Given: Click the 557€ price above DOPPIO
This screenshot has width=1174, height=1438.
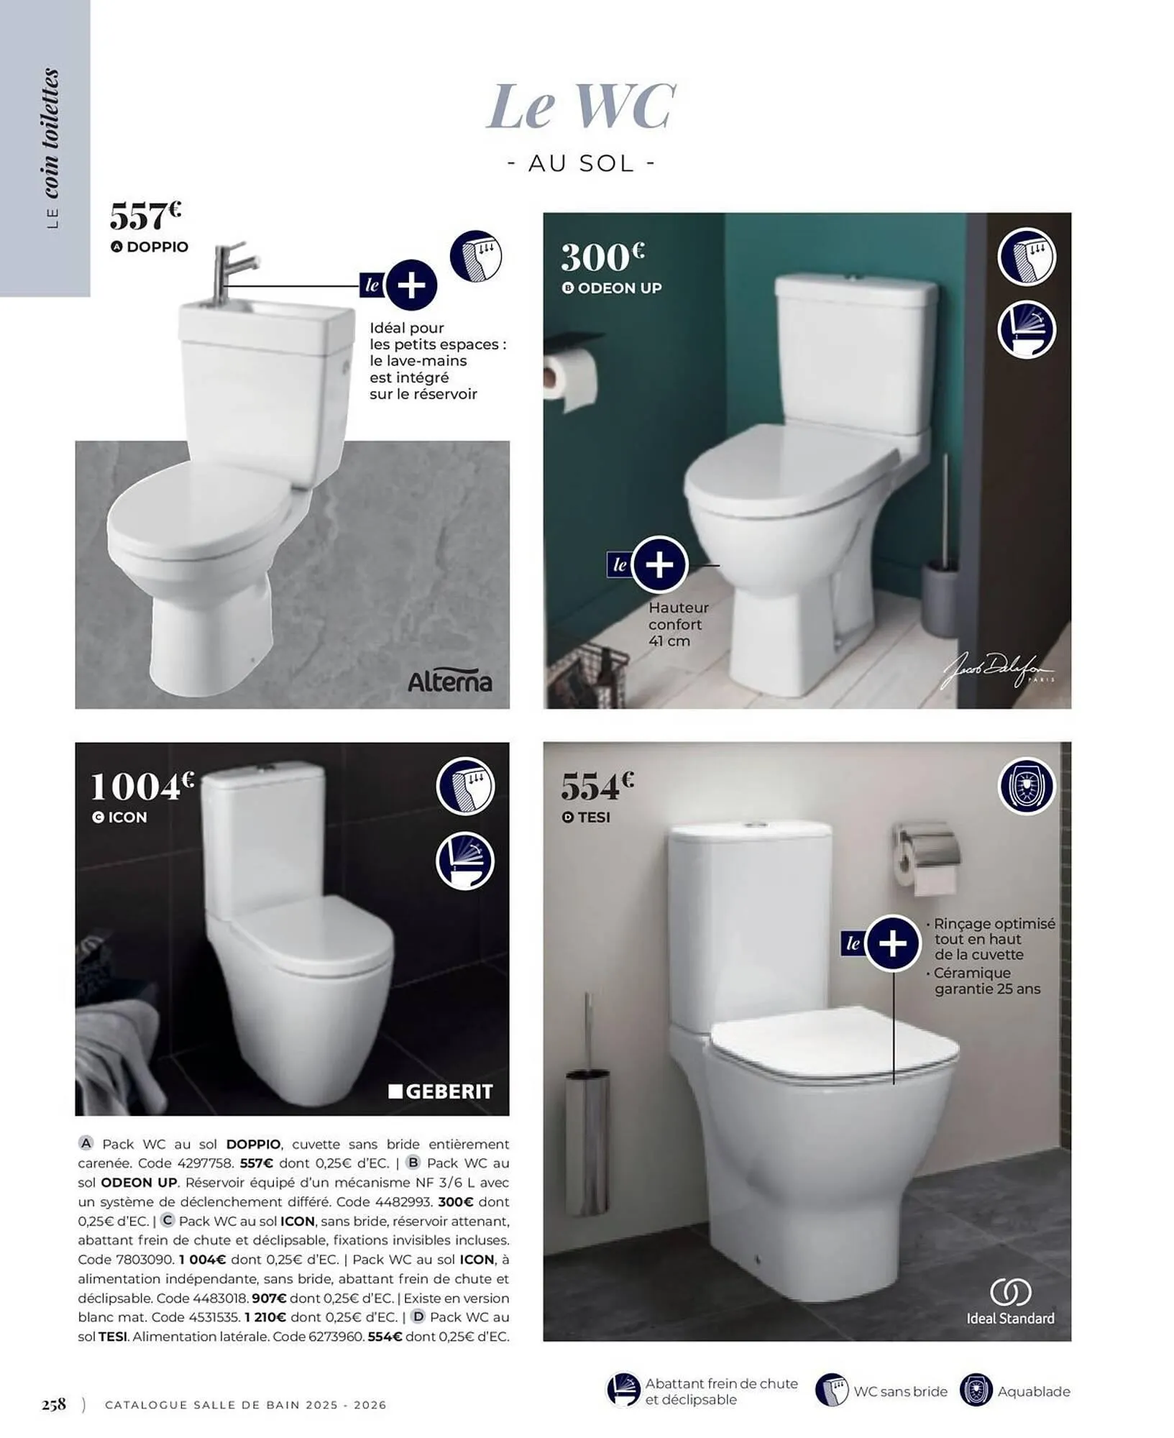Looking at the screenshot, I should pyautogui.click(x=145, y=215).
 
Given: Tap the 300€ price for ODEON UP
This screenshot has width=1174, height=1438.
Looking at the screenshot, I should pyautogui.click(x=602, y=257).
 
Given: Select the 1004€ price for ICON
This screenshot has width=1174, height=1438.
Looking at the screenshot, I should pyautogui.click(x=142, y=787).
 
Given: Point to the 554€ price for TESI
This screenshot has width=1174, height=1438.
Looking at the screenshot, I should pyautogui.click(x=597, y=786).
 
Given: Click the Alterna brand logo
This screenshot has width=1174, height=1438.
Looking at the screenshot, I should pyautogui.click(x=449, y=682).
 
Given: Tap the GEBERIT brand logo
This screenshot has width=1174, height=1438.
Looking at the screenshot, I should pyautogui.click(x=440, y=1092).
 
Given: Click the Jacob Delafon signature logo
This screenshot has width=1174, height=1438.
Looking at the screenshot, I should pyautogui.click(x=997, y=670).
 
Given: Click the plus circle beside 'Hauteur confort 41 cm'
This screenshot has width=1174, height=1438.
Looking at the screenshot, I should pyautogui.click(x=659, y=564).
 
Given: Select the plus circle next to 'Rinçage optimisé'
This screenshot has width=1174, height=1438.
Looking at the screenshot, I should pyautogui.click(x=893, y=943).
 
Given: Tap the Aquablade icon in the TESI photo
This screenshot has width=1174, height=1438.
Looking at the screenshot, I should pyautogui.click(x=1026, y=786).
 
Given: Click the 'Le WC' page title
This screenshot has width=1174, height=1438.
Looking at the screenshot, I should pyautogui.click(x=581, y=106).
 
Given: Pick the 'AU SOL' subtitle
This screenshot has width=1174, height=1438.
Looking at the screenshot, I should pyautogui.click(x=581, y=164).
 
